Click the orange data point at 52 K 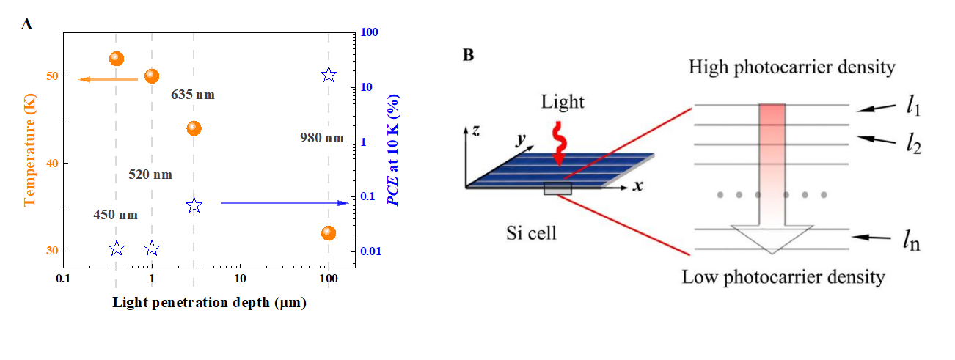[x=116, y=59]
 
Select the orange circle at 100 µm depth [x=328, y=233]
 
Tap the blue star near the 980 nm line [x=328, y=75]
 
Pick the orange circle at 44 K [x=194, y=128]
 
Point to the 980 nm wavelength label [x=321, y=137]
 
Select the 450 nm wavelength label [x=115, y=215]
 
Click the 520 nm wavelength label [x=150, y=175]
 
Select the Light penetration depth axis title [x=209, y=303]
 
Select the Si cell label [x=533, y=234]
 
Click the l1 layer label [x=912, y=106]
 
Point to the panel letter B [x=467, y=54]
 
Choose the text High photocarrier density [x=792, y=68]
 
